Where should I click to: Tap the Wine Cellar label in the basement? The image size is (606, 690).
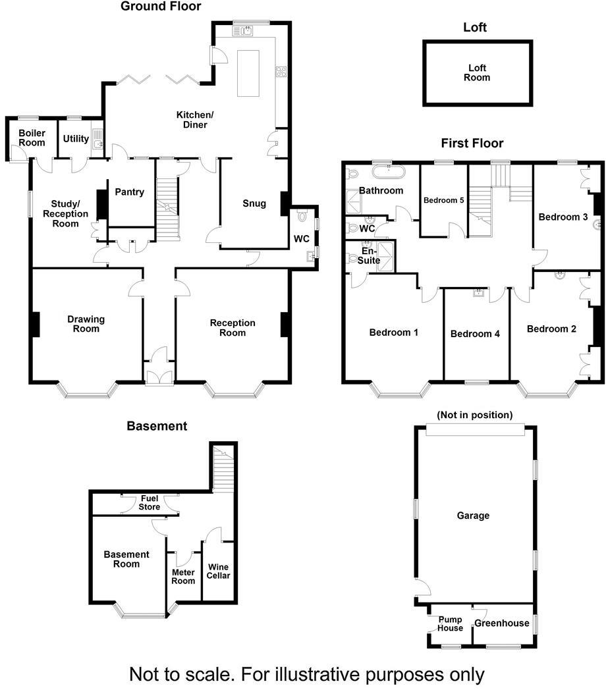[219, 571]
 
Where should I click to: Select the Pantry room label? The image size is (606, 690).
[129, 192]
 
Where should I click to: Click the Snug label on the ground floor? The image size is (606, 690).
[254, 203]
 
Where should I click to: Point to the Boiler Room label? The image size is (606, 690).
[32, 138]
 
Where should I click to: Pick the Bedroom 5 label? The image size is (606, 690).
[444, 200]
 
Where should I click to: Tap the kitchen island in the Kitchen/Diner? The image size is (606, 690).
[248, 72]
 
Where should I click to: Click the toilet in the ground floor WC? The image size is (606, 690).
[302, 215]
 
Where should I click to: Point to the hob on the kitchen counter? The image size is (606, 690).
[281, 72]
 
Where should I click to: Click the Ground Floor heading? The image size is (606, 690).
[161, 7]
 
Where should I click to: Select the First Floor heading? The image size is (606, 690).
[472, 143]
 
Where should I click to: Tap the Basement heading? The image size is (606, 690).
[157, 426]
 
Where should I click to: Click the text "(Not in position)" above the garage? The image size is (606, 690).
[474, 415]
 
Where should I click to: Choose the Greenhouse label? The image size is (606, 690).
[502, 623]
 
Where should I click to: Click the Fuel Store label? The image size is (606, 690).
[150, 503]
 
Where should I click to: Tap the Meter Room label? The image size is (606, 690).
[183, 576]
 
